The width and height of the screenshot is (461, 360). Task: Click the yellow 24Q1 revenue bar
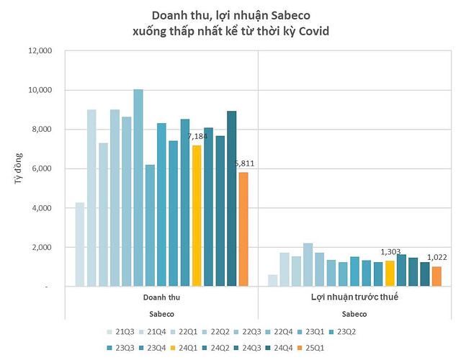[197, 216]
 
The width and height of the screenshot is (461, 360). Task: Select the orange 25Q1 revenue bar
[243, 229]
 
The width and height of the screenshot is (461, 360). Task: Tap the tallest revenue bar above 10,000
[138, 187]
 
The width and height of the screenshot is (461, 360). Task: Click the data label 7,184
[197, 136]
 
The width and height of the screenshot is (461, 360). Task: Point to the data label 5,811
[244, 163]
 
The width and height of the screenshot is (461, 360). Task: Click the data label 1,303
[390, 252]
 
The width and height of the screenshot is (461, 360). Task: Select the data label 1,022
[437, 258]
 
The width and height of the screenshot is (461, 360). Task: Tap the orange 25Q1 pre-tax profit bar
[436, 276]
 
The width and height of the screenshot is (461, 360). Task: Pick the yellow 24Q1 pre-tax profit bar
[390, 274]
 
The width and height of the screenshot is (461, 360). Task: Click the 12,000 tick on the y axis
[41, 51]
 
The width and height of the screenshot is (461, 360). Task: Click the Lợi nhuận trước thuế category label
[354, 297]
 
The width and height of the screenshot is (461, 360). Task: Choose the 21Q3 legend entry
[120, 332]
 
